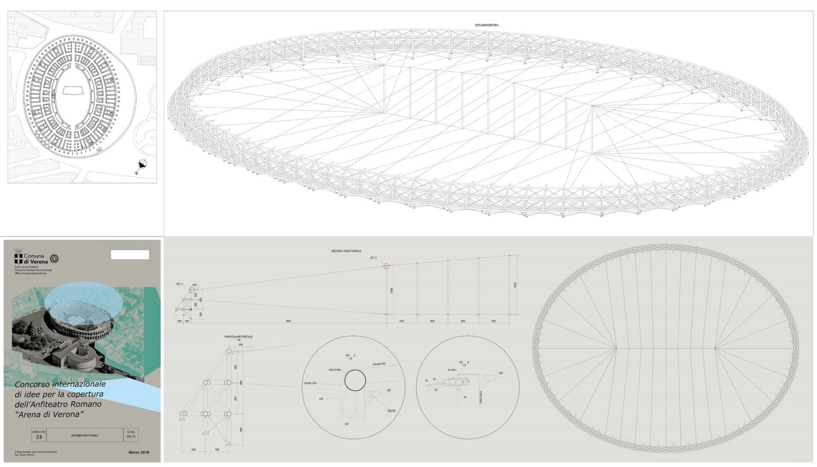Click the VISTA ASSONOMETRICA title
[486, 26]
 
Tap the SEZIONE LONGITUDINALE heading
[346, 251]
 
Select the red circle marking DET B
[386, 266]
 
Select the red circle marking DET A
[191, 290]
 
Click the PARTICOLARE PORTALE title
[238, 337]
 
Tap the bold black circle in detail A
[355, 380]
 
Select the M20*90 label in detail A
[391, 411]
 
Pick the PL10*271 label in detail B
[452, 370]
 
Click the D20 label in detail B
[501, 373]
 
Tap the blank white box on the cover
[130, 255]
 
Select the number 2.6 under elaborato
[39, 437]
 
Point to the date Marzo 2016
[138, 453]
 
